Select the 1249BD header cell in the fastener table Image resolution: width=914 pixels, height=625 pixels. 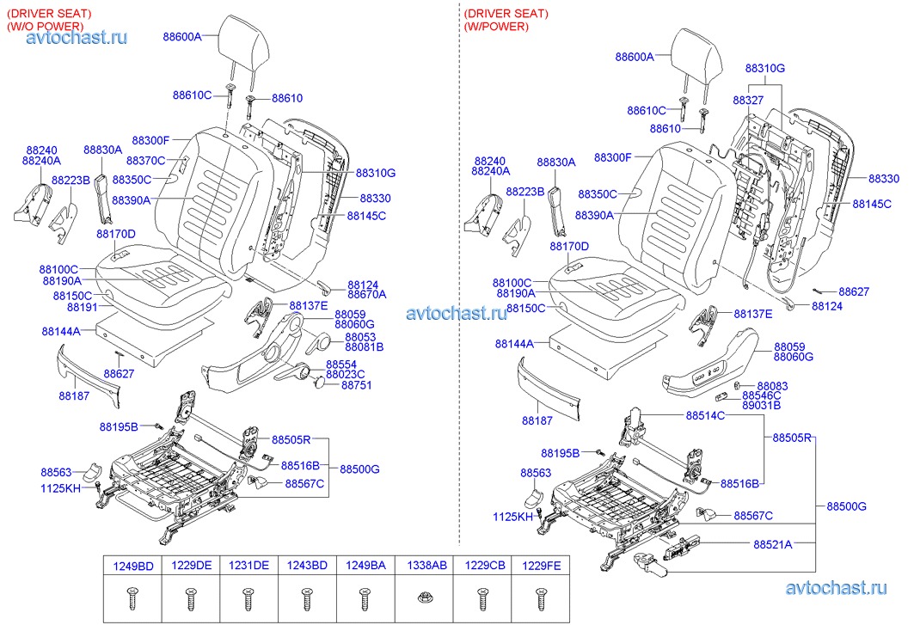(133, 565)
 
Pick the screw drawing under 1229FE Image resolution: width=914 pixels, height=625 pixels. (541, 594)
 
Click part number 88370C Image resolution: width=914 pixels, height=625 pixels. (145, 161)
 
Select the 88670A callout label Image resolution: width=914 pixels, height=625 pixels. (367, 294)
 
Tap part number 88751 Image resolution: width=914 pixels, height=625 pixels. (356, 385)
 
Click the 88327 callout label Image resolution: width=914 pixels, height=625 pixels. (747, 101)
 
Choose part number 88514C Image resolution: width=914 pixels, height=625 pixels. (705, 416)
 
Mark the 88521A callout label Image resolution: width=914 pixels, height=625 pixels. (773, 544)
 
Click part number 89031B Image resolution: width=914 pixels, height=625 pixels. (761, 405)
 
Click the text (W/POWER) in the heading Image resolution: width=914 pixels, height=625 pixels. (496, 27)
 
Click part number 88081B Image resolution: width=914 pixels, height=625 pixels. (364, 346)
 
